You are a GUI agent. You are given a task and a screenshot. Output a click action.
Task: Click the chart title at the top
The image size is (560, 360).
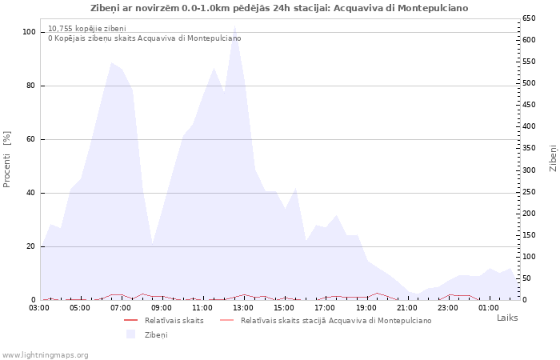(279, 8)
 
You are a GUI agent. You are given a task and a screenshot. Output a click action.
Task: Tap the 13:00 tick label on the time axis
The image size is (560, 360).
(244, 307)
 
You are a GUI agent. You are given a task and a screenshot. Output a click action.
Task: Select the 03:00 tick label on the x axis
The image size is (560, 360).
(40, 307)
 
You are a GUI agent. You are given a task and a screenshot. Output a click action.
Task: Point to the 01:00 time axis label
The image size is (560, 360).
(489, 307)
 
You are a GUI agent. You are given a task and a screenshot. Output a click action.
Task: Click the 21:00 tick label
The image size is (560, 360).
(407, 307)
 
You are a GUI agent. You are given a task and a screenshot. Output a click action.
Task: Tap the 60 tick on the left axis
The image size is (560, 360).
(30, 139)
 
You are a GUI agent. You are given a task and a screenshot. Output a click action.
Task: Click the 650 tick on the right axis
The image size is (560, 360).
(529, 18)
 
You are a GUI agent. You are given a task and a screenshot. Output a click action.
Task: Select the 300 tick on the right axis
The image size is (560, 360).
(529, 170)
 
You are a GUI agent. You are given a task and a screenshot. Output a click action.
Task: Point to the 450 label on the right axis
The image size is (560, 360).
(529, 105)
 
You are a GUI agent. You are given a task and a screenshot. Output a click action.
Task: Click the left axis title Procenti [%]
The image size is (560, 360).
(7, 158)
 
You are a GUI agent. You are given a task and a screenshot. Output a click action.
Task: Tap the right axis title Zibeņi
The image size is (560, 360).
(553, 158)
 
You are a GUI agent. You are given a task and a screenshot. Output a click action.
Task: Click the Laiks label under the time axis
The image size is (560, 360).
(507, 318)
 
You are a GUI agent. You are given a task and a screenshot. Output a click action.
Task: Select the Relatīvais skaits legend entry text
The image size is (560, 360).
(174, 320)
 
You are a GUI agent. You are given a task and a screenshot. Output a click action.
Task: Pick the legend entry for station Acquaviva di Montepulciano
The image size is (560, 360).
(336, 320)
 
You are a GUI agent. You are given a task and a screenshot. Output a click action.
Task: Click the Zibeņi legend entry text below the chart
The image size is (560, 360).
(156, 334)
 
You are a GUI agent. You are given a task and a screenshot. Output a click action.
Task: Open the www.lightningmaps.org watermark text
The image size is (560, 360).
(46, 354)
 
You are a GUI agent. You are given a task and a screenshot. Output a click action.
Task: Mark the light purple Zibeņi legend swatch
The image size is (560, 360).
(131, 334)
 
